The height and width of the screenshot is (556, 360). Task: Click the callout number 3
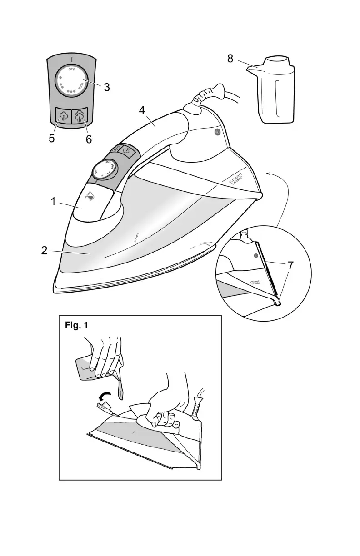[106, 87]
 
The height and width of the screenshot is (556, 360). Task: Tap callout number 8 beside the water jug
[230, 59]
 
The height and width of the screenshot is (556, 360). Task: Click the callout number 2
[44, 251]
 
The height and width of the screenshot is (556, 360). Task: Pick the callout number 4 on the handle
[142, 110]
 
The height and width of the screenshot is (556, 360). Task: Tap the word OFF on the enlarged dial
[71, 70]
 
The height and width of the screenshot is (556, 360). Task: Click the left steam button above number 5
[63, 116]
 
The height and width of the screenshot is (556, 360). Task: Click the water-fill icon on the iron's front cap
[90, 196]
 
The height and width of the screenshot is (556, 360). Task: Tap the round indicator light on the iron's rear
[217, 132]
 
